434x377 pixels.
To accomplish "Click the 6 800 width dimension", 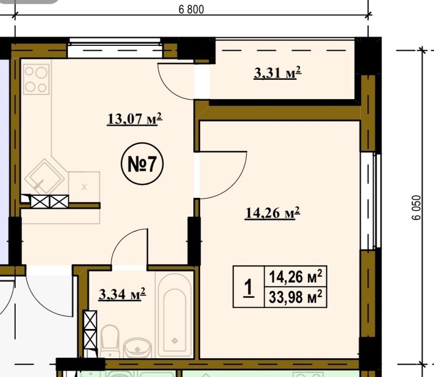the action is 191,9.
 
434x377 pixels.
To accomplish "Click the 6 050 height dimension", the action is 416,208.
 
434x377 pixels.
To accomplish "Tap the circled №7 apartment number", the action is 143,164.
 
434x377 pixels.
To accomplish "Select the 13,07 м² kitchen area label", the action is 134,119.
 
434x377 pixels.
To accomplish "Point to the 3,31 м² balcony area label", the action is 277,73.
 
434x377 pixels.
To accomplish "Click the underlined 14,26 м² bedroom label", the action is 273,213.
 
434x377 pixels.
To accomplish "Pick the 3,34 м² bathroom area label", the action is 122,294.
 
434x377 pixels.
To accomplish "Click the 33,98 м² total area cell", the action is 295,297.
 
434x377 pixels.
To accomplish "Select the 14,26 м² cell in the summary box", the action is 295,277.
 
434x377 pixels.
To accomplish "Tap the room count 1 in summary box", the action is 248,287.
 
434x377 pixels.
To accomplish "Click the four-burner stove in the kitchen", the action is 36,79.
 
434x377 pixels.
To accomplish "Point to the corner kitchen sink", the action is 44,176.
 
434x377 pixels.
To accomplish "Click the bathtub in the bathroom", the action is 174,315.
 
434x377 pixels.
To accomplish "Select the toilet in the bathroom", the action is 110,341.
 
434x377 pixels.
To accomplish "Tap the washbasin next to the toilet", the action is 137,348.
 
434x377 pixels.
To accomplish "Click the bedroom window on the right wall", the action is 371,201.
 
